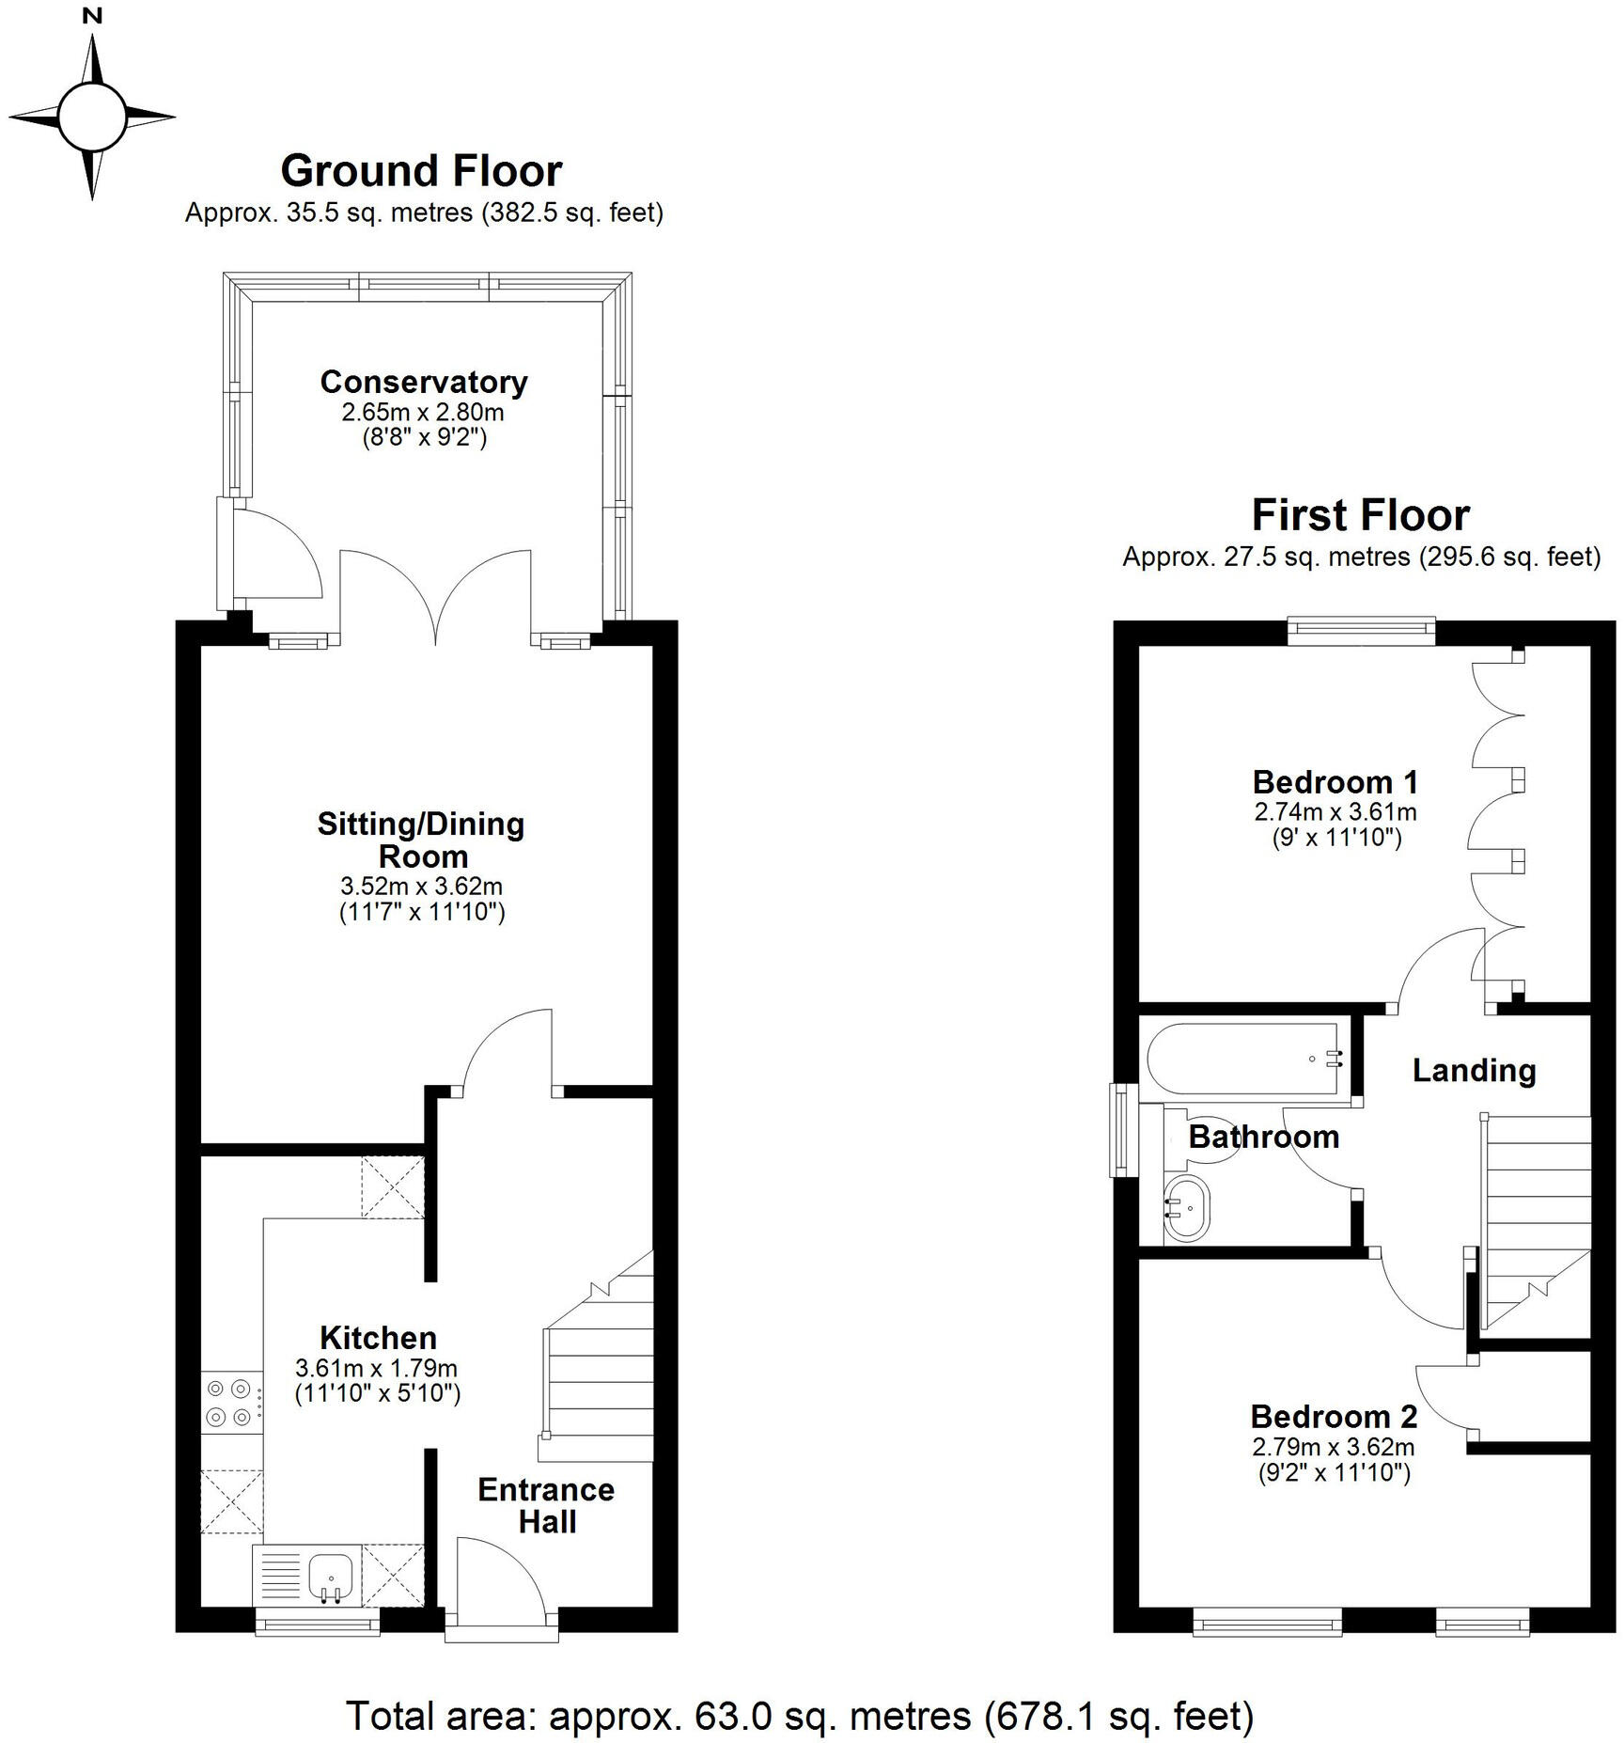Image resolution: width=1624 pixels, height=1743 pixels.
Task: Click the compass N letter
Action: click(x=92, y=16)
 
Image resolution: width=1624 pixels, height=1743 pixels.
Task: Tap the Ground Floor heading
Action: click(x=421, y=171)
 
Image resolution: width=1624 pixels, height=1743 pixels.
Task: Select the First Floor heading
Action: click(x=1360, y=515)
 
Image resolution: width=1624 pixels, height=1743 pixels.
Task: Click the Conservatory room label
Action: click(x=424, y=382)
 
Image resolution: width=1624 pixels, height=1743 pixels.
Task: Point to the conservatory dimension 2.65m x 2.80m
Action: click(x=423, y=413)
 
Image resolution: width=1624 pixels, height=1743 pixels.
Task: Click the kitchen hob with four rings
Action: click(x=231, y=1402)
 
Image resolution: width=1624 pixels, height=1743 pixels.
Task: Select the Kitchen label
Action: click(x=378, y=1338)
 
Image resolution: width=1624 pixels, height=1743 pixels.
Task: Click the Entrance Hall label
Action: click(x=546, y=1505)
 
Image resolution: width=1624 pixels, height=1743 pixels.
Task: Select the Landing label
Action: click(x=1474, y=1070)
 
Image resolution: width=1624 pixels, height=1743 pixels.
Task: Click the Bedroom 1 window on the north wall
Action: click(x=1361, y=630)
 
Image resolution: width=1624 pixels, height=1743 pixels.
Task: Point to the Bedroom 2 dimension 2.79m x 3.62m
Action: click(x=1334, y=1447)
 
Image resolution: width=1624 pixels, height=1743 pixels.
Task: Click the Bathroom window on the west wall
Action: click(x=1120, y=1129)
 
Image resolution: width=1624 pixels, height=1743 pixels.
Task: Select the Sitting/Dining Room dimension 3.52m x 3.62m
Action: click(x=421, y=886)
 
